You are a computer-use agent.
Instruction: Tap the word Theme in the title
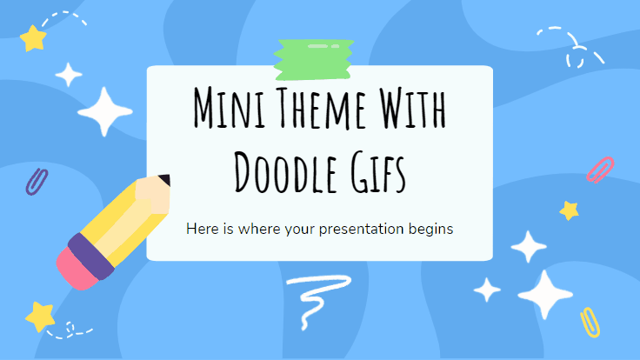click(x=320, y=107)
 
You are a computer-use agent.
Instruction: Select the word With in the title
click(x=413, y=107)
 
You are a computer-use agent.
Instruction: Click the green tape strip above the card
click(x=313, y=59)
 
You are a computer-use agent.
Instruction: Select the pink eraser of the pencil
click(x=77, y=269)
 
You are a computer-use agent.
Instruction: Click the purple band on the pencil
click(x=91, y=256)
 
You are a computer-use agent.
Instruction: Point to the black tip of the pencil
click(x=165, y=180)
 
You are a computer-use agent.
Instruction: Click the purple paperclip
click(x=37, y=182)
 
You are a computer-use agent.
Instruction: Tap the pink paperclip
click(x=600, y=170)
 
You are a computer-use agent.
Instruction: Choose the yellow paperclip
click(x=590, y=323)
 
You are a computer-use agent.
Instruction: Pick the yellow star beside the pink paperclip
click(x=569, y=210)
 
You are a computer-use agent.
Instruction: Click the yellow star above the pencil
click(x=33, y=38)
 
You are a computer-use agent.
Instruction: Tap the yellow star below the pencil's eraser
click(x=40, y=317)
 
